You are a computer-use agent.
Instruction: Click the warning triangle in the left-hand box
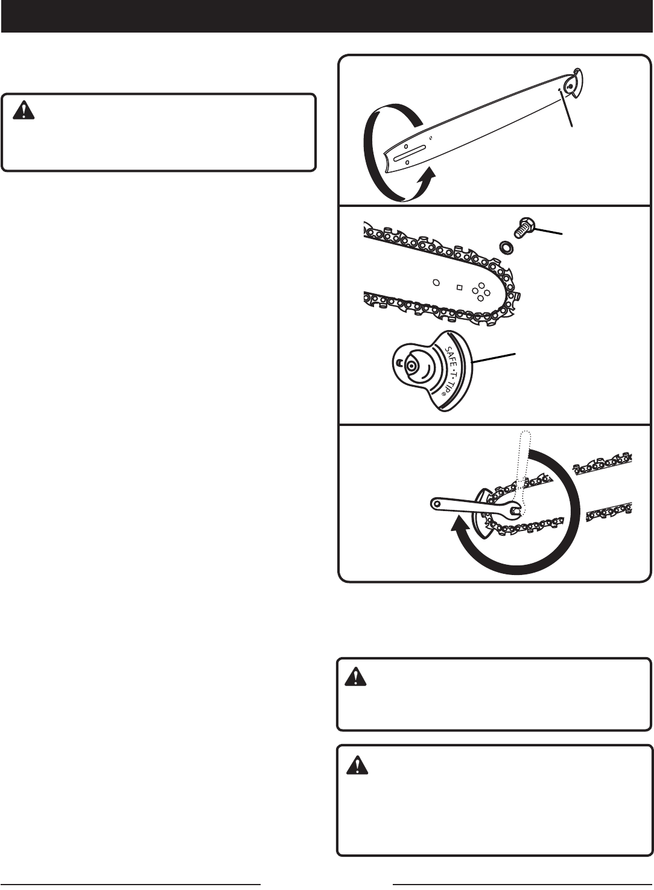point(24,110)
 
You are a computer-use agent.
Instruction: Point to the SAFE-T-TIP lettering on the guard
point(451,372)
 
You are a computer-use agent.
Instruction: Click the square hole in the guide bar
point(460,287)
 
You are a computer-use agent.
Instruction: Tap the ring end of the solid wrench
point(436,504)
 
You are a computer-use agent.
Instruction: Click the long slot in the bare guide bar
point(408,155)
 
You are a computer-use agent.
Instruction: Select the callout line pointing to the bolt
point(548,232)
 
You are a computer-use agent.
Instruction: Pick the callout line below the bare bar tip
point(566,108)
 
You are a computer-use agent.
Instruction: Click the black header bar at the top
point(327,16)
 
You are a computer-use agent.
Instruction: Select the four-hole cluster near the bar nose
point(481,291)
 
